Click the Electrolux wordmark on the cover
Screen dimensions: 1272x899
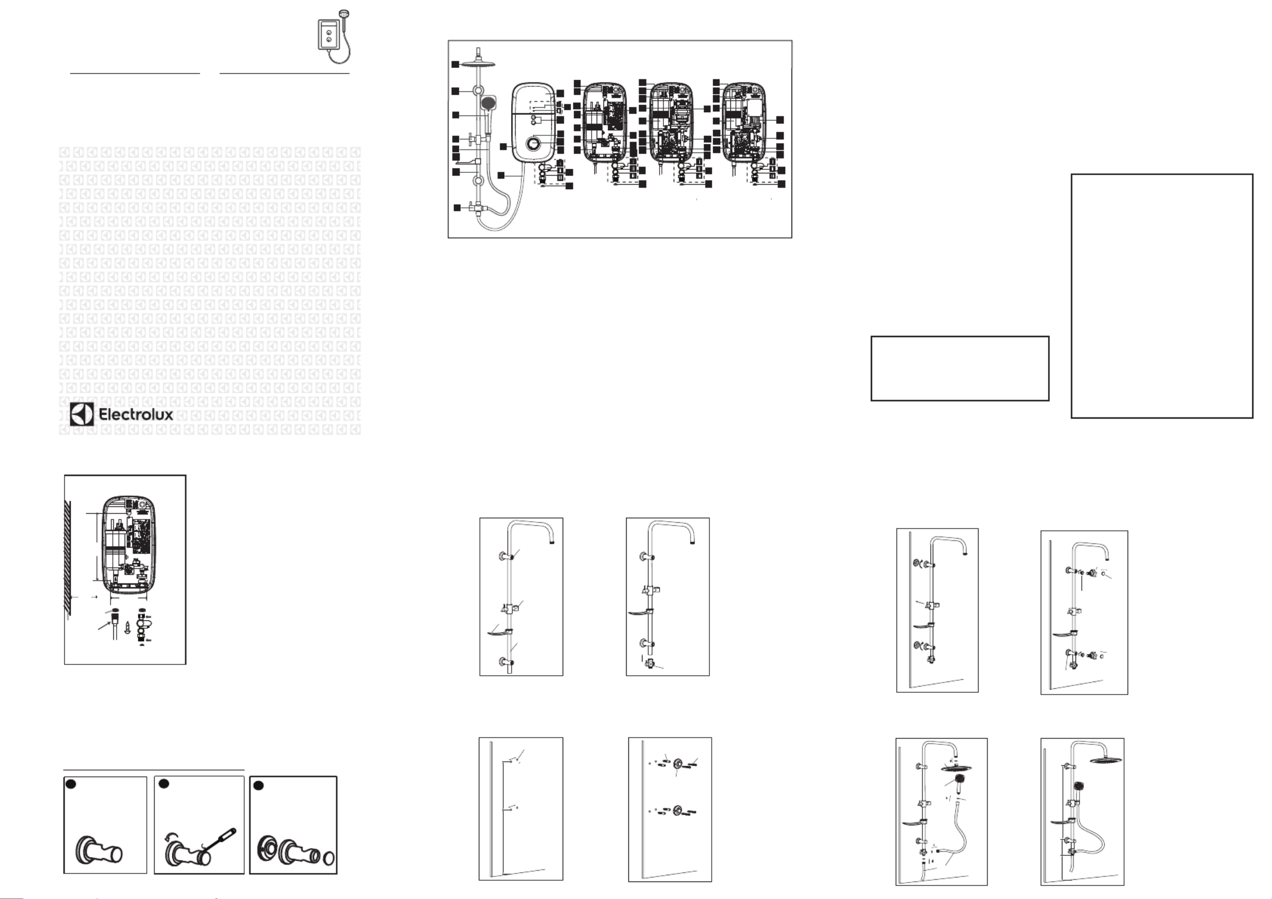click(x=136, y=414)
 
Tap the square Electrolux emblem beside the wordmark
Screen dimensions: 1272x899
click(x=82, y=414)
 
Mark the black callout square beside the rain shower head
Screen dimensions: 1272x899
click(x=455, y=65)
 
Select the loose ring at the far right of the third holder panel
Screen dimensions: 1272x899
click(x=328, y=859)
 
